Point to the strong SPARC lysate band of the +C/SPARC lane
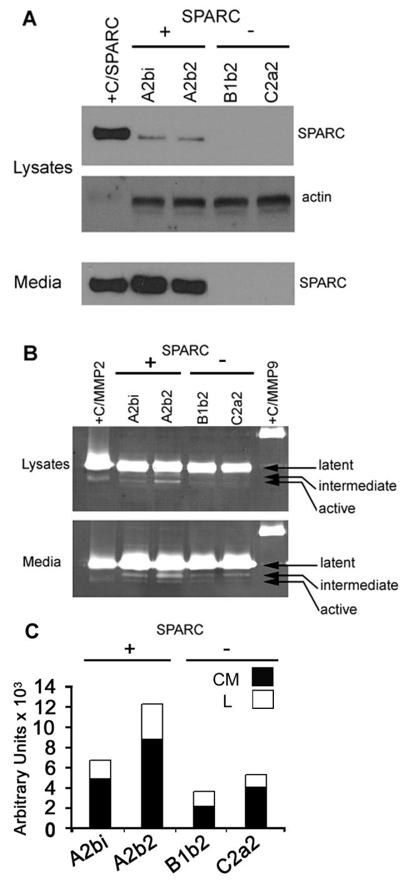coord(110,133)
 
